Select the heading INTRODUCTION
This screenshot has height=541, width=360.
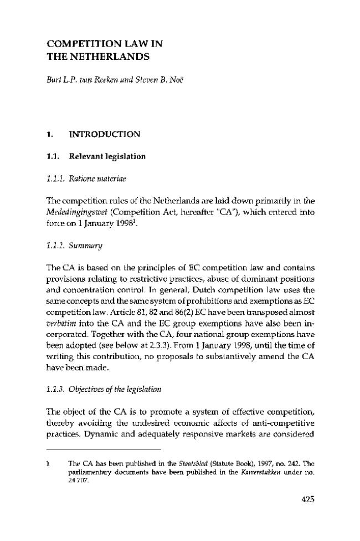coord(104,134)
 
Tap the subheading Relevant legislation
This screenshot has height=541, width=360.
coord(107,156)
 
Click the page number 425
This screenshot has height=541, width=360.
coord(308,498)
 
